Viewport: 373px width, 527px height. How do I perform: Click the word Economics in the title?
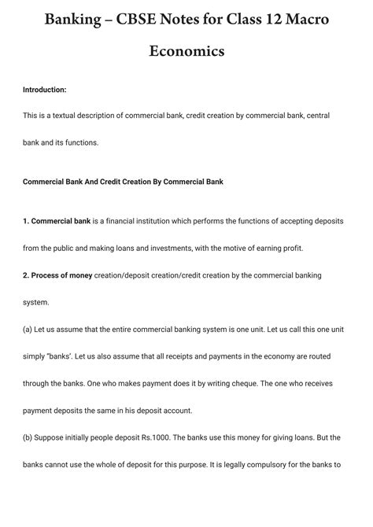click(186, 51)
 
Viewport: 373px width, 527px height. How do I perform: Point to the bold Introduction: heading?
click(45, 90)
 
